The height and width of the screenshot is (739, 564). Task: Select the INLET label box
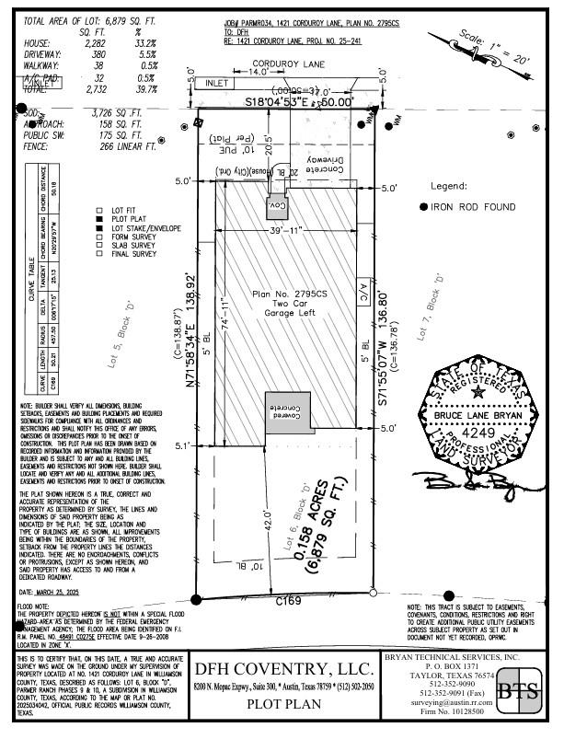pos(218,82)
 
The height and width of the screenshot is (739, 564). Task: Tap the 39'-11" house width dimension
pos(285,230)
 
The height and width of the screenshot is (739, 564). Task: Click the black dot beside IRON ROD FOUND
pos(423,207)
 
